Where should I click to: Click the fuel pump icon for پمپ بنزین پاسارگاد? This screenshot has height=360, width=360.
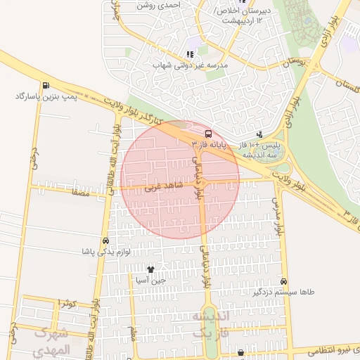(x=46, y=86)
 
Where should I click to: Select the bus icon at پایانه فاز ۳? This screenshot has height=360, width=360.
(x=208, y=133)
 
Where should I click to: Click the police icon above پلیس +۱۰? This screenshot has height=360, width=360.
(x=260, y=134)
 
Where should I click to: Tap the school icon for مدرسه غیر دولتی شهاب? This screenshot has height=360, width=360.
(x=189, y=54)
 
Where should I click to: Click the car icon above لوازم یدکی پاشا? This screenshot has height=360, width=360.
(x=105, y=240)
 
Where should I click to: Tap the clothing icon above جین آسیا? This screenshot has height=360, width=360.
(x=150, y=269)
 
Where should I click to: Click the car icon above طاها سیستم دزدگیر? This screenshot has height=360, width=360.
(x=283, y=280)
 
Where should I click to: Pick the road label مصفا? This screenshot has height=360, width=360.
(x=79, y=191)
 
